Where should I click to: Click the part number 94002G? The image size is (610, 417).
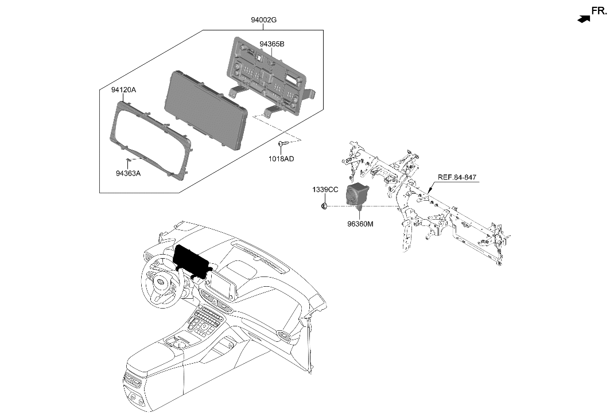point(263,20)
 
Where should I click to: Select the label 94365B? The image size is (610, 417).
point(271,44)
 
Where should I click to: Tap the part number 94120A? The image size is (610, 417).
point(123,90)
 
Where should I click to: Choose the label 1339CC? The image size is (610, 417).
point(325,189)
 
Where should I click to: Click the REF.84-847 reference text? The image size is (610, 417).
point(458,178)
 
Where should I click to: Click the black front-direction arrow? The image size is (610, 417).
point(584,19)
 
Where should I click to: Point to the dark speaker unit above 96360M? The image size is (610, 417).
point(357,195)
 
